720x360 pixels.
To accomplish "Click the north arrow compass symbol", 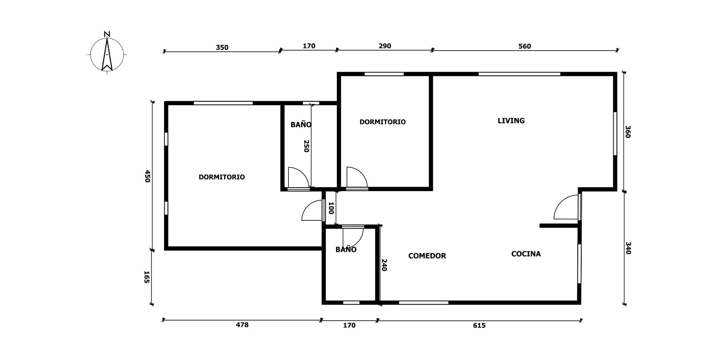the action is (x=107, y=53).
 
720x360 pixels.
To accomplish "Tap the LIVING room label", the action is (x=511, y=120).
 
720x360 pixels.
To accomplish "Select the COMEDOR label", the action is (x=427, y=256).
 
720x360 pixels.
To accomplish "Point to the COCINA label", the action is (x=526, y=254).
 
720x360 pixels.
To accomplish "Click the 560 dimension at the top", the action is (x=525, y=46).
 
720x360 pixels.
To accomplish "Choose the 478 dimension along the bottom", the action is (x=242, y=325).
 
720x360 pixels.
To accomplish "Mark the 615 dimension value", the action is (x=479, y=325).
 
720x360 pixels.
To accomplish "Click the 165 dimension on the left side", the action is (x=147, y=277).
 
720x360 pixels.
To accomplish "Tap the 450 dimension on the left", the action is (x=147, y=176).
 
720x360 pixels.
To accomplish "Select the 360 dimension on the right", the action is (x=628, y=132).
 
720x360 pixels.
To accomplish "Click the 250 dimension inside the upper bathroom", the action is (x=306, y=146).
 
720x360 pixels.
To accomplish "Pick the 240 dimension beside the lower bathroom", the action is (x=384, y=265).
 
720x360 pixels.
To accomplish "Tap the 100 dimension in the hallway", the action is (x=331, y=208).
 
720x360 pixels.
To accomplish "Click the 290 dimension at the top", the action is (x=385, y=46).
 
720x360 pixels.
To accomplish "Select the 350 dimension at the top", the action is (x=222, y=48).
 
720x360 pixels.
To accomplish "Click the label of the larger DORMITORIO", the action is (x=222, y=177).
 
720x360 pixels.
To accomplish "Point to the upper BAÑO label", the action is (x=301, y=124).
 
